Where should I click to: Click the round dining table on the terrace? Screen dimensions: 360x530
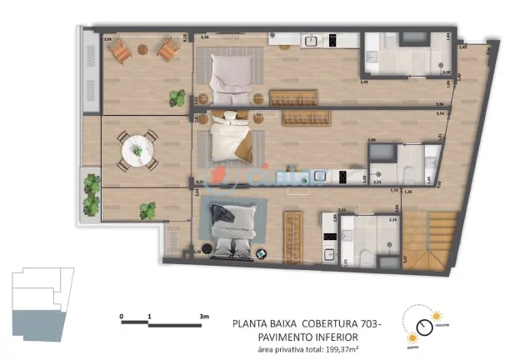pos(137,151)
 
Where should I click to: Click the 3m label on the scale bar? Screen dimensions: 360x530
pos(203,317)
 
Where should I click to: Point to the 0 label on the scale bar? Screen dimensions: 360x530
pos(122,317)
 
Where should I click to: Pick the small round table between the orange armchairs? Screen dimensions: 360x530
pos(145,52)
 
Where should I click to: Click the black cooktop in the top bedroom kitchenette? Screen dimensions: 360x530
pos(332,38)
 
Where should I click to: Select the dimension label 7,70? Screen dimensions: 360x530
pos(393,191)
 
